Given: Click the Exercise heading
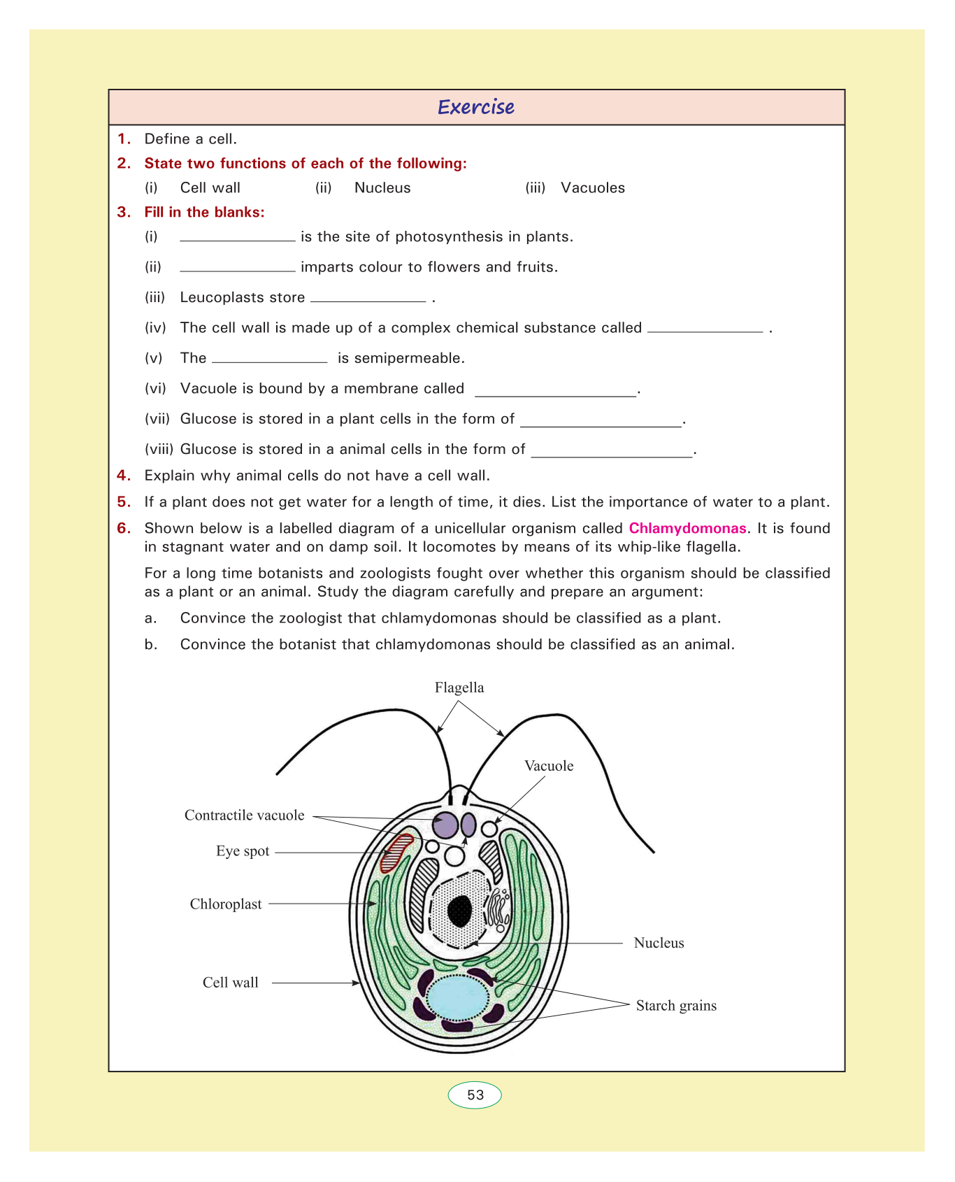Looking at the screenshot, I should click(476, 107).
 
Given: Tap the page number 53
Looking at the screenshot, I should click(475, 1095).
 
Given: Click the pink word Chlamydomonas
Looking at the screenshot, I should click(687, 528).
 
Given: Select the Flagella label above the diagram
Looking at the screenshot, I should click(459, 688).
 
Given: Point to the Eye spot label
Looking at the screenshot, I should click(243, 851).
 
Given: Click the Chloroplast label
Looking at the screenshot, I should click(226, 904).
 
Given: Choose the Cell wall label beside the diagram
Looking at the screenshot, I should click(231, 983).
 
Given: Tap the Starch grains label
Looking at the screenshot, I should click(676, 1006).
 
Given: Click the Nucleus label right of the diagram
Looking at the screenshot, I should click(659, 943).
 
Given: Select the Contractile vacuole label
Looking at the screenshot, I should click(245, 816).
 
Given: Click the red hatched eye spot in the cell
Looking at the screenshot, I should click(396, 853).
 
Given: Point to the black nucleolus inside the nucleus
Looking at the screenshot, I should click(459, 911).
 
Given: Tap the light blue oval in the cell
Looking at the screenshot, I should click(458, 999).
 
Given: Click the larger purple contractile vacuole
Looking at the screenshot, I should click(445, 825).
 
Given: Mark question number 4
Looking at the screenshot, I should click(124, 476).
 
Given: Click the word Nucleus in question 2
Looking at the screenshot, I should click(382, 188).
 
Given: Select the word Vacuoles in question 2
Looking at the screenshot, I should click(593, 188).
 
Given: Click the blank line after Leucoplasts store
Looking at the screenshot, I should click(368, 299).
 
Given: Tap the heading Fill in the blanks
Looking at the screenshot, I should click(204, 213).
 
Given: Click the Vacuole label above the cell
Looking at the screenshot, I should click(549, 766).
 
